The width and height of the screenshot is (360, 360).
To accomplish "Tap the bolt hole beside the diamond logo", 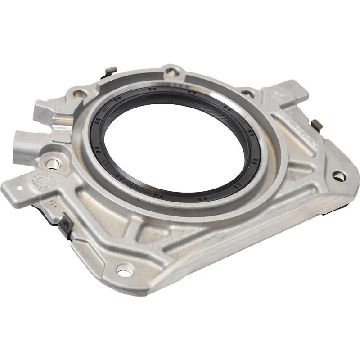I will (247, 94).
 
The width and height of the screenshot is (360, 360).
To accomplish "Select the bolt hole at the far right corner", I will (339, 176).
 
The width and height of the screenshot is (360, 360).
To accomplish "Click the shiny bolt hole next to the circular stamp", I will (53, 164).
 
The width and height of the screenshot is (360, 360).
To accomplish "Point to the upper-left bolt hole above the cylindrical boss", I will (80, 94).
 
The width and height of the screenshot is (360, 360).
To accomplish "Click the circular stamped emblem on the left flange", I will (43, 182).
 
